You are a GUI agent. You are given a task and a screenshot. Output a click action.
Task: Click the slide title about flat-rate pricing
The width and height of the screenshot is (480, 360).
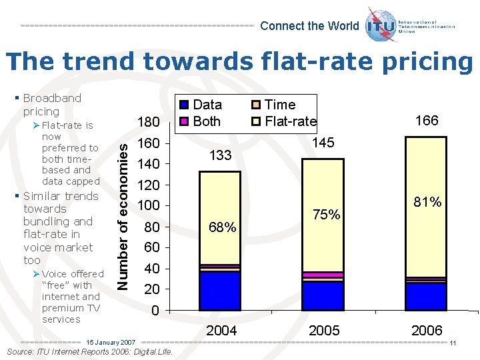click(x=239, y=61)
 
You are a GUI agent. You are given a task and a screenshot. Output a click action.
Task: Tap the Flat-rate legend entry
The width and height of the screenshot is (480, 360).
click(x=283, y=121)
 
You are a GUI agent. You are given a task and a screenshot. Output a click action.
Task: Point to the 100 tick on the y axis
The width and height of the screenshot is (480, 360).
click(x=148, y=205)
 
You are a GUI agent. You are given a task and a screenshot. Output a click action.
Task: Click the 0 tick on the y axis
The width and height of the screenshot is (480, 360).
click(x=154, y=311)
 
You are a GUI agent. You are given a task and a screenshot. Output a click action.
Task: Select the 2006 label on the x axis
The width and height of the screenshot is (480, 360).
click(x=427, y=331)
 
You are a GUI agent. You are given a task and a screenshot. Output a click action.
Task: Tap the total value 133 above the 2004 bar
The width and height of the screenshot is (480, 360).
click(x=220, y=155)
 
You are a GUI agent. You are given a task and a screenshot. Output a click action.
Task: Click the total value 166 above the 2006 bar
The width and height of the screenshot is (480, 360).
click(x=427, y=121)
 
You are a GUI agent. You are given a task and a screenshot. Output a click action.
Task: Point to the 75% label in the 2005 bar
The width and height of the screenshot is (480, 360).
click(x=327, y=215)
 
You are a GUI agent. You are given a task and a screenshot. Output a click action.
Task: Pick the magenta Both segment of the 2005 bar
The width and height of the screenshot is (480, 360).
click(x=323, y=275)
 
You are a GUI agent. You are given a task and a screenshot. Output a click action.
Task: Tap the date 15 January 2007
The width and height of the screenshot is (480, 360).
click(x=111, y=342)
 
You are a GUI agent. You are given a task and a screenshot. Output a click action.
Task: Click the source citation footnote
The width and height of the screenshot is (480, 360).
click(x=88, y=352)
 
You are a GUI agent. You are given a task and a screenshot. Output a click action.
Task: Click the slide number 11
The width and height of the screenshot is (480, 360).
click(x=452, y=343)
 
